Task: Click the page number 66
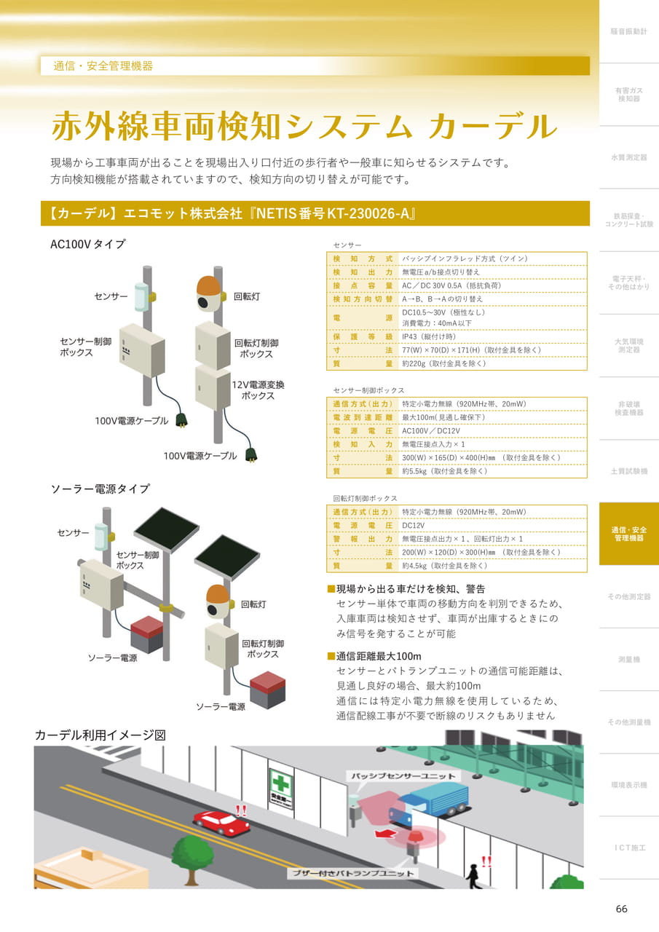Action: click(621, 908)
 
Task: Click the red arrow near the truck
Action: click(384, 834)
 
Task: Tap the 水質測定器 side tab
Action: click(628, 157)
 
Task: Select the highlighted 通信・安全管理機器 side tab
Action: click(628, 534)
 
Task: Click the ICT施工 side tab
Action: click(628, 848)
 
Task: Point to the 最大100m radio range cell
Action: click(443, 417)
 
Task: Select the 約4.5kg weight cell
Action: click(444, 566)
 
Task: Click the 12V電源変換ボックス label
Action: click(258, 390)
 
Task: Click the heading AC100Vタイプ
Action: click(87, 244)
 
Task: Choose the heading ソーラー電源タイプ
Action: click(100, 489)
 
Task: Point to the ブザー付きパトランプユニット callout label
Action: click(352, 873)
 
